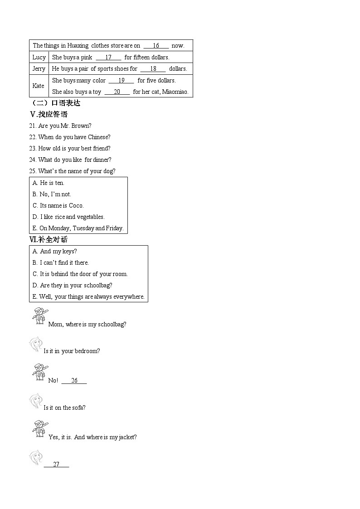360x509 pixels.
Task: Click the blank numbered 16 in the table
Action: (x=156, y=46)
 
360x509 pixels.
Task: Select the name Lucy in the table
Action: (x=39, y=57)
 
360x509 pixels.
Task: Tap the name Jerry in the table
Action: (x=39, y=69)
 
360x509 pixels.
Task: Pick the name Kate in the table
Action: (x=39, y=86)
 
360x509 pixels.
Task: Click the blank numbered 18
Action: (x=153, y=69)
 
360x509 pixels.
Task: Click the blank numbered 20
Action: (x=117, y=92)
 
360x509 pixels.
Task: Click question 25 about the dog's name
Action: (x=72, y=171)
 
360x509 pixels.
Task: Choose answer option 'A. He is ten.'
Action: (x=49, y=183)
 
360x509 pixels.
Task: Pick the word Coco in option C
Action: (x=76, y=205)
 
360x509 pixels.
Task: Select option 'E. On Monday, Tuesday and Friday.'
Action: (x=78, y=228)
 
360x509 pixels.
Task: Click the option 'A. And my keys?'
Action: (x=55, y=251)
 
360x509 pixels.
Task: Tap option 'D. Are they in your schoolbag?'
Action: (x=73, y=285)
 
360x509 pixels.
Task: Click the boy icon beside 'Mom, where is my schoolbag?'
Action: (x=39, y=316)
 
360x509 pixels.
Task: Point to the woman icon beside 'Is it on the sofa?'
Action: (x=36, y=401)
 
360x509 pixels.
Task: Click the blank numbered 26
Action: (x=74, y=381)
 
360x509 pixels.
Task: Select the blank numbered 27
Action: (x=56, y=465)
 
